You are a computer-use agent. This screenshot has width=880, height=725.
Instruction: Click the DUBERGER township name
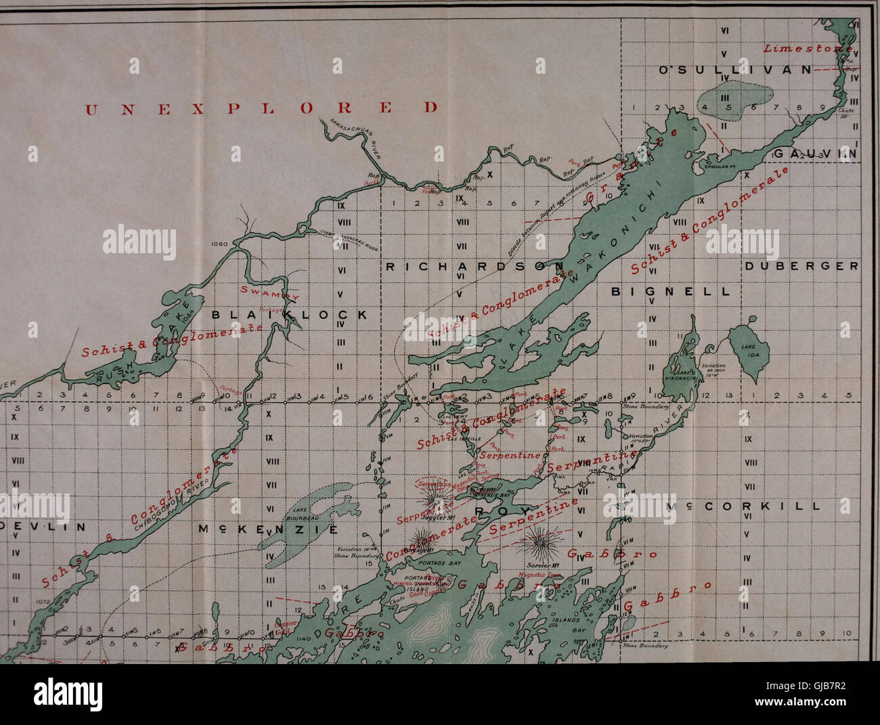(x=801, y=266)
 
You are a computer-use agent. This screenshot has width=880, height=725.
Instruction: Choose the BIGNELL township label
(x=671, y=292)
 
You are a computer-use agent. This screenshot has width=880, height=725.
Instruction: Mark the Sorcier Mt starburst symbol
(x=540, y=541)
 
